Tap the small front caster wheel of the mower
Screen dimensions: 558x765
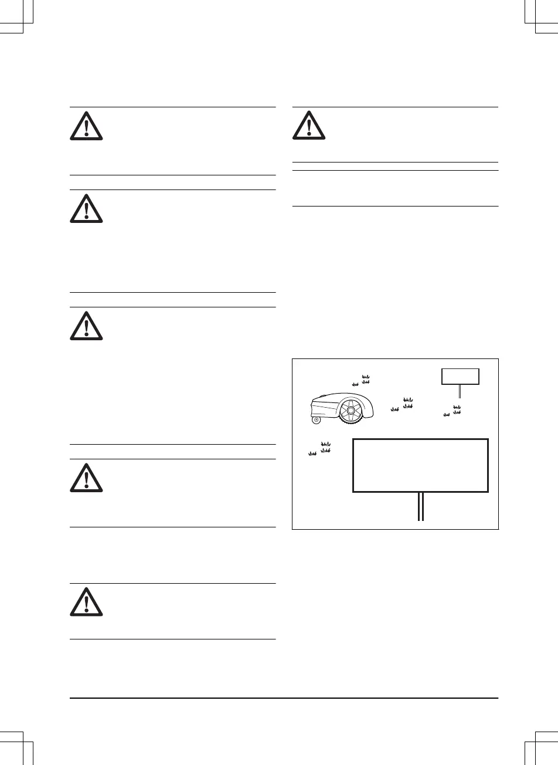click(317, 419)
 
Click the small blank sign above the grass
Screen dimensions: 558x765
click(460, 376)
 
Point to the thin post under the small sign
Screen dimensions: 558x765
click(460, 391)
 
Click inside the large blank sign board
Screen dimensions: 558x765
click(420, 465)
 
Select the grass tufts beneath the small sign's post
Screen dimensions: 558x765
click(453, 411)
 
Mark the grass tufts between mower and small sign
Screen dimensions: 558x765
click(404, 404)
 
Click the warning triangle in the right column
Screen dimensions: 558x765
click(309, 126)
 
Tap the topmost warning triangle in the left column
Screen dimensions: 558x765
click(86, 126)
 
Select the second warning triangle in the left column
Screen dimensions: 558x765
click(86, 208)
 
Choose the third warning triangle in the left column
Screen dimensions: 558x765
click(86, 326)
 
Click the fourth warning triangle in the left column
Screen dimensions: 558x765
click(86, 477)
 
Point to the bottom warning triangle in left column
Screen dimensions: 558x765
click(86, 602)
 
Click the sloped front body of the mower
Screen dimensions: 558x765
click(324, 404)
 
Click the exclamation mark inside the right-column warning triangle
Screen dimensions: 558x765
click(309, 127)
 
